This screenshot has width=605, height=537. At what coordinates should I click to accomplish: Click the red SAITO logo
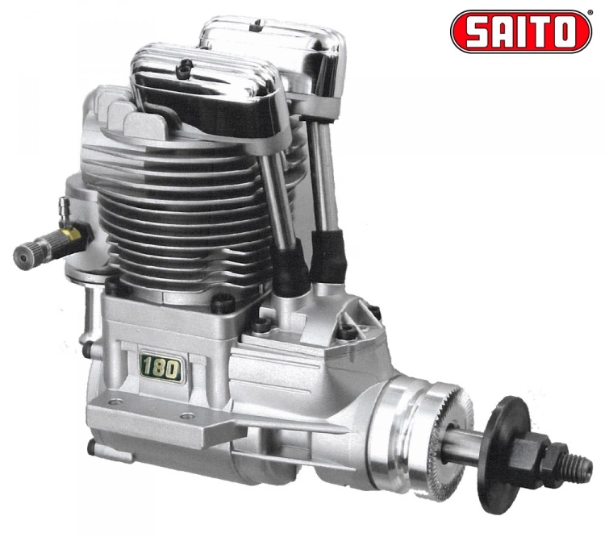[x=521, y=31]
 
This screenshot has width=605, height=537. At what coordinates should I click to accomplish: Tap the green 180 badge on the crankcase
[x=161, y=368]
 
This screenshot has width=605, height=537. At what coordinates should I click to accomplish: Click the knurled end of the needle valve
[x=24, y=257]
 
